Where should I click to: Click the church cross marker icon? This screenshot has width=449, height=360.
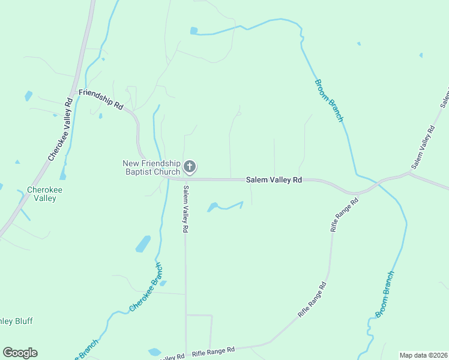pos(190,166)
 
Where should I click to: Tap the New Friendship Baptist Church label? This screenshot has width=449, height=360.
pos(151,167)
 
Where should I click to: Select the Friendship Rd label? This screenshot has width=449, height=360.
pos(101,99)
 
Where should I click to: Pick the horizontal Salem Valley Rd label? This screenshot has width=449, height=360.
pos(274,179)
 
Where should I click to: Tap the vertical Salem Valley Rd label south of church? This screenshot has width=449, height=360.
pos(185,209)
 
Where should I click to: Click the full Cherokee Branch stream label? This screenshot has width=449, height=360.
pos(146,287)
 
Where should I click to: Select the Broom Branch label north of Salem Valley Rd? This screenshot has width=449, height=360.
pos(328,100)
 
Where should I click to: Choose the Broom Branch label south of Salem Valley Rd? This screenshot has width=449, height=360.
pos(385,294)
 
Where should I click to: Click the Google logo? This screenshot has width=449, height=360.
pos(20,353)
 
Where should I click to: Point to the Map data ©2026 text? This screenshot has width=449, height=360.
pos(423,355)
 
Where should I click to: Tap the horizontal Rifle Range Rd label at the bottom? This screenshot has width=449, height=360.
pos(212,351)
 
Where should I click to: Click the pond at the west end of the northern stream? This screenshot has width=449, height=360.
pos(194,31)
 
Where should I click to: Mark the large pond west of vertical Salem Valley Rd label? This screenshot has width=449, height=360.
pos(143,244)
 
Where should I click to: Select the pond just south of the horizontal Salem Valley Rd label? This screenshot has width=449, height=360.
pos(212,208)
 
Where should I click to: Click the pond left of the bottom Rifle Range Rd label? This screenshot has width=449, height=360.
pos(154,352)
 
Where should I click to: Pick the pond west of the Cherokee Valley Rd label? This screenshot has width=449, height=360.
pos(28,95)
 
